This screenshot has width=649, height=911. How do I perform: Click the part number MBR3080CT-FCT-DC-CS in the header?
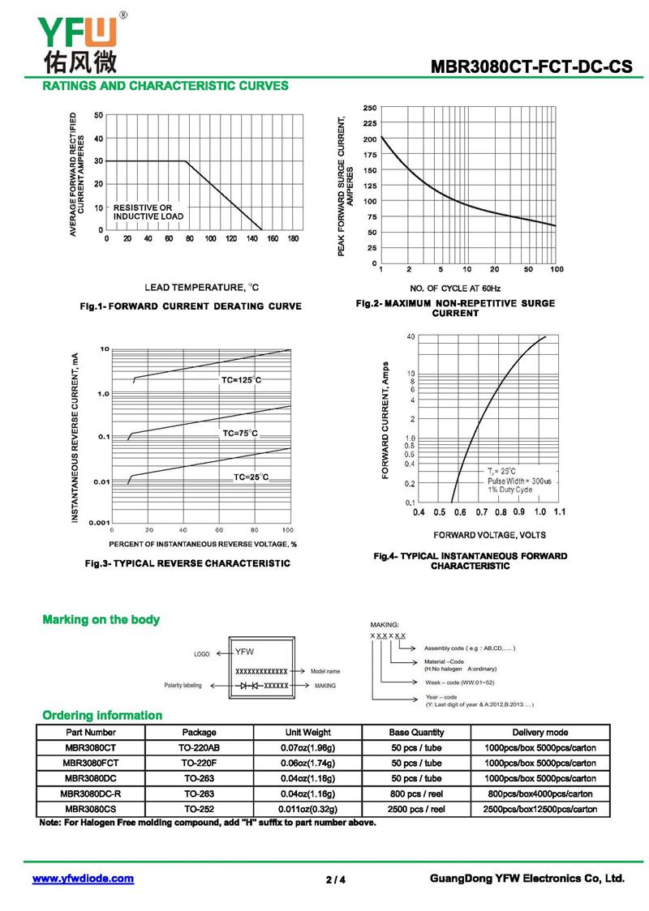[x=531, y=68]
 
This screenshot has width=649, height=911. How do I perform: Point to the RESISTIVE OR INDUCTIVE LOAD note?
[x=148, y=212]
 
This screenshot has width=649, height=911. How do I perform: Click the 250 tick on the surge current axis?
[x=369, y=108]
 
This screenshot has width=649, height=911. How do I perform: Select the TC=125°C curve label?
[x=242, y=380]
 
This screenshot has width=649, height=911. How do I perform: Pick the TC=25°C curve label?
[x=251, y=477]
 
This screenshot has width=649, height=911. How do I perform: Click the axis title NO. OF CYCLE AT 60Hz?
[x=455, y=289]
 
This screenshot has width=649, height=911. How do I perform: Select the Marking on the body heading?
[x=101, y=620]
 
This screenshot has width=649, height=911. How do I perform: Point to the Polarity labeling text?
[x=183, y=686]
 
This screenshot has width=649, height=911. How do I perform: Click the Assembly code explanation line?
[x=470, y=649]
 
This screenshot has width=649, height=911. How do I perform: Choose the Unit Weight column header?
[x=308, y=732]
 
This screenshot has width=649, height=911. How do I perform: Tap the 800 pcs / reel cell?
[x=416, y=793]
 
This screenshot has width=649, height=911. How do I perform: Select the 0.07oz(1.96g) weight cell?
[x=308, y=747]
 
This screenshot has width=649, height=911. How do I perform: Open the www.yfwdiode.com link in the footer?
[x=83, y=879]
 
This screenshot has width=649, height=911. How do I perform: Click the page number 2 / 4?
[x=336, y=879]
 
